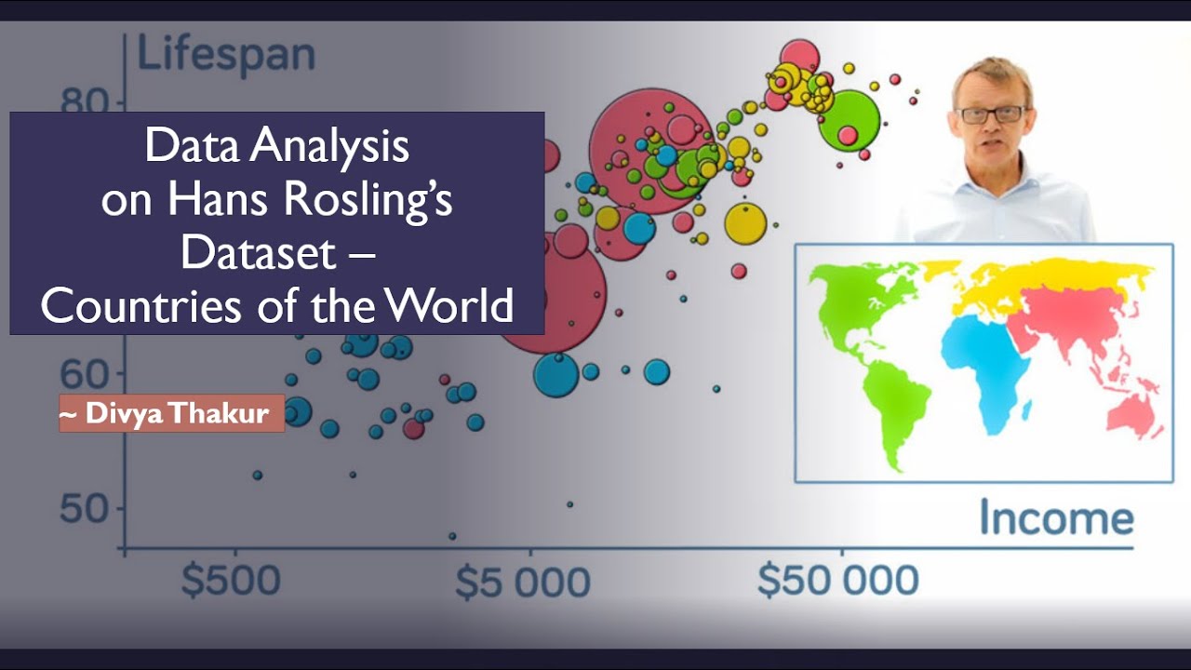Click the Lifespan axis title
(226, 55)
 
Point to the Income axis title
(1056, 518)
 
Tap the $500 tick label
(231, 581)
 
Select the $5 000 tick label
(522, 583)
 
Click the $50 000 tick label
(837, 581)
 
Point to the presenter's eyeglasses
(991, 114)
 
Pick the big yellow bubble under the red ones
(745, 222)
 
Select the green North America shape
(861, 298)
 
